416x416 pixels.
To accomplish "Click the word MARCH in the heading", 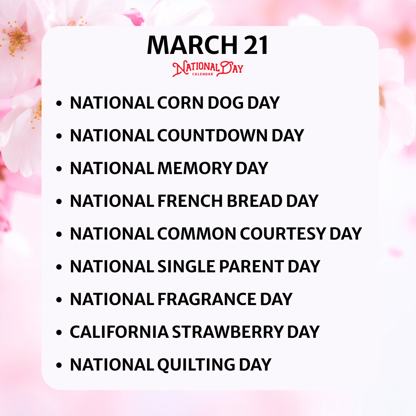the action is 192,45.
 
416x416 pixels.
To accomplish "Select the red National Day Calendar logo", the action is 208,69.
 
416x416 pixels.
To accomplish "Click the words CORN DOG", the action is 201,103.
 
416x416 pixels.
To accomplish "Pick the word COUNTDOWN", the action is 213,136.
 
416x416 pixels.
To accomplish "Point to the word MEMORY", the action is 195,168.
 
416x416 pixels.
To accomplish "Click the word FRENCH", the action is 190,201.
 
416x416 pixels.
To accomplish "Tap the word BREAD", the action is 255,201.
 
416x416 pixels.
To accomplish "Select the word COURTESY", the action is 283,234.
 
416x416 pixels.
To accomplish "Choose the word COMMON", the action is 197,234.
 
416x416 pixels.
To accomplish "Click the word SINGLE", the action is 186,267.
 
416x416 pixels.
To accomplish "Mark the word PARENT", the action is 252,267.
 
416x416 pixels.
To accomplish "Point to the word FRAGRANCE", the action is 207,299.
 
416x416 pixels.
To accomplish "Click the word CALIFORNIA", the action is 119,332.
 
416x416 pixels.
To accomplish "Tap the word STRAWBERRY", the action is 228,332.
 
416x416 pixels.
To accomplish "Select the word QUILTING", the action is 196,365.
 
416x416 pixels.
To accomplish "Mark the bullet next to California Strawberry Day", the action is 59,332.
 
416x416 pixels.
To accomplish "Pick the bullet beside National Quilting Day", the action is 59,365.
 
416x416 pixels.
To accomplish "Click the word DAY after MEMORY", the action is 252,168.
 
